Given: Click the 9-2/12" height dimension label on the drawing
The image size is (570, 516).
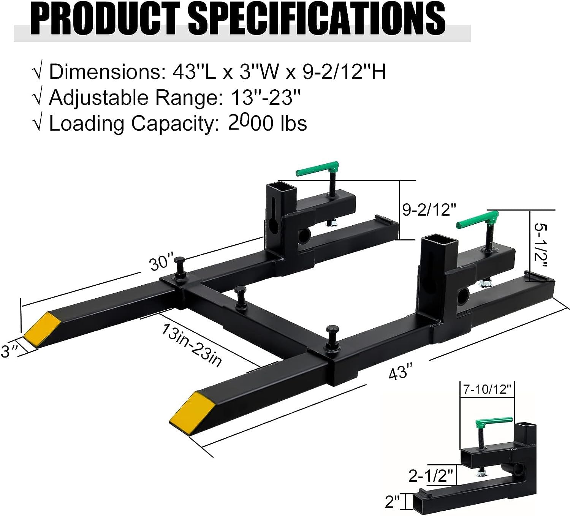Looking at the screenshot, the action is coord(429,209).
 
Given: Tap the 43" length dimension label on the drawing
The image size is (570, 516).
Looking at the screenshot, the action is coord(401,371).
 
